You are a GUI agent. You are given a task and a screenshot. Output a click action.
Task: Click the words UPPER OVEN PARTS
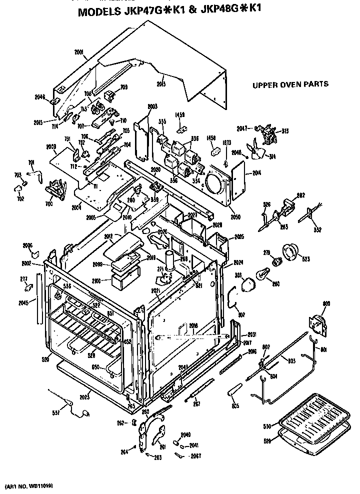click(x=290, y=84)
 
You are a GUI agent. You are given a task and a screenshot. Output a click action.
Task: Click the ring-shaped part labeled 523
click(x=292, y=251)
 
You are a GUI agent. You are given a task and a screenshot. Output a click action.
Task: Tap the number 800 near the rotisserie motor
click(x=326, y=303)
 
